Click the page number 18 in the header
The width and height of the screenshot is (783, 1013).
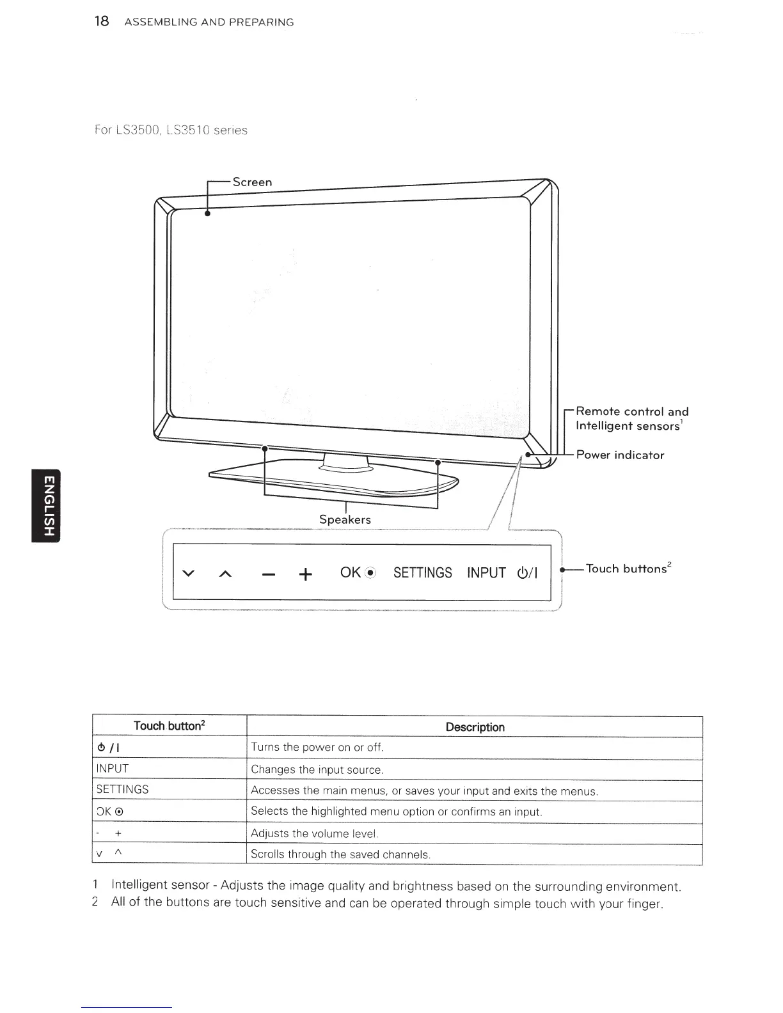pyautogui.click(x=102, y=21)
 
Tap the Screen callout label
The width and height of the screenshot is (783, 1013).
pyautogui.click(x=252, y=182)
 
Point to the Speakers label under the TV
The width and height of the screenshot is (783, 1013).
pyautogui.click(x=345, y=519)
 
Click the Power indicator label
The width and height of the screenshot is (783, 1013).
pyautogui.click(x=620, y=455)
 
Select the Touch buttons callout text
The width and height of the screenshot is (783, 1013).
pyautogui.click(x=626, y=569)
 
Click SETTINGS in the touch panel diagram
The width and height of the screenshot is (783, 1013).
pyautogui.click(x=422, y=573)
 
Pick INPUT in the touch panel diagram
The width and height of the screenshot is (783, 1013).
pyautogui.click(x=486, y=573)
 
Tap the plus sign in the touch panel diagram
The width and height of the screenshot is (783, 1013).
pyautogui.click(x=306, y=574)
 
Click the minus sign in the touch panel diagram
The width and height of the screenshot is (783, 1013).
pyautogui.click(x=269, y=574)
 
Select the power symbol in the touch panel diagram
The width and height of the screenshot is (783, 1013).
pyautogui.click(x=528, y=573)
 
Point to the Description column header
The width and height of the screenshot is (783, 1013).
pyautogui.click(x=475, y=727)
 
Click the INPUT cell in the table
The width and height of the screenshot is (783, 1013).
pyautogui.click(x=113, y=769)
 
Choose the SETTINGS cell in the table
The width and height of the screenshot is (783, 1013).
pyautogui.click(x=122, y=790)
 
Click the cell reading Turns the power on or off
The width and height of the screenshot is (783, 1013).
pyautogui.click(x=317, y=748)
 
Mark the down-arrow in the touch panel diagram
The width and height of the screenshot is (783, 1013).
pyautogui.click(x=188, y=573)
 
